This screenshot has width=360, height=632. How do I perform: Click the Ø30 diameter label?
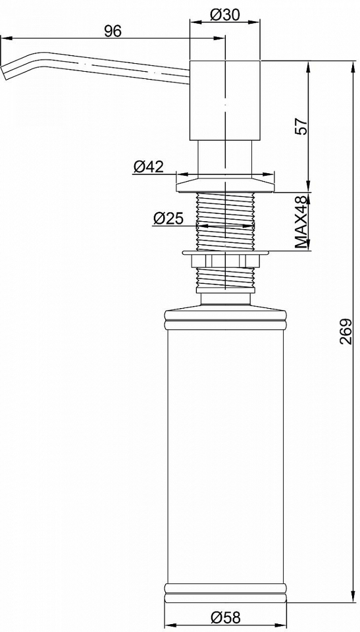(225, 15)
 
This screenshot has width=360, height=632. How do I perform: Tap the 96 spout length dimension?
(113, 31)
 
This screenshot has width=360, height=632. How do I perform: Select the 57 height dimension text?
(301, 127)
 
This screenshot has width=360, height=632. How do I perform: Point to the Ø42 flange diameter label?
(148, 167)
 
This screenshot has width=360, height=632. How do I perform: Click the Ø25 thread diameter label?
(168, 218)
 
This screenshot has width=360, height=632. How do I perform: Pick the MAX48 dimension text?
(301, 223)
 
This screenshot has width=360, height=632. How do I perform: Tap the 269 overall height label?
(344, 331)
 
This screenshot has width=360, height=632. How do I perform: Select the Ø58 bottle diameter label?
(225, 617)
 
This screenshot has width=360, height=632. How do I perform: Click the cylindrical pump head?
(225, 101)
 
